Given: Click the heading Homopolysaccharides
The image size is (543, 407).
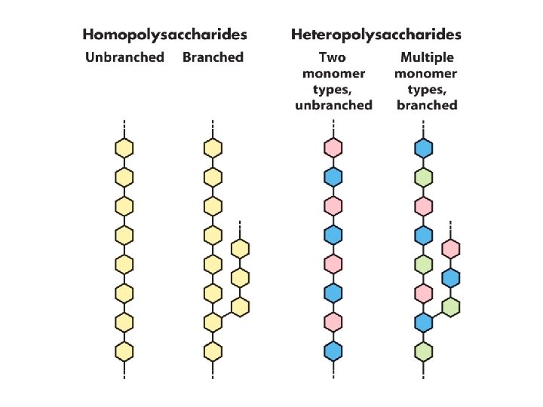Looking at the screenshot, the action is coord(164,35).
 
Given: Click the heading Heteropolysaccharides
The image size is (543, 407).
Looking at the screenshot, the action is coord(376,35).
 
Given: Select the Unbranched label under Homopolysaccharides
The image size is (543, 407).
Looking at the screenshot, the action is coord(124,58).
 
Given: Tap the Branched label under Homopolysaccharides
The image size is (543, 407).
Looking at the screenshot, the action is coord(213,58).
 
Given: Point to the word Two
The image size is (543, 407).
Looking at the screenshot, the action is coord(333,58).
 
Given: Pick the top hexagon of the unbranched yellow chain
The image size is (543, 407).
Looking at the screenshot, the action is coord(124,148).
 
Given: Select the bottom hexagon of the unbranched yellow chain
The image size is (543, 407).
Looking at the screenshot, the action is coord(124,351).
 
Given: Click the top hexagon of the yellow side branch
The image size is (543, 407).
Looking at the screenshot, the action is coord(240,249).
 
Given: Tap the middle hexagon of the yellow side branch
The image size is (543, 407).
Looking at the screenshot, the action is coord(240,277).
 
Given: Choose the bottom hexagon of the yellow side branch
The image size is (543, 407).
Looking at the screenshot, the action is coord(240,307).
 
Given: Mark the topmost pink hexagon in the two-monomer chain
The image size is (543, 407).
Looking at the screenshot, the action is coord(333,148).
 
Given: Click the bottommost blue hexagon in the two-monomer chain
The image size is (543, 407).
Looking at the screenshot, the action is coord(333,351).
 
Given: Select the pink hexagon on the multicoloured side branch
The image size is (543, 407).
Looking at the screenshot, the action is coord(450,249).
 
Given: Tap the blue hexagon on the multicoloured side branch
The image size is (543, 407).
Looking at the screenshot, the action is coord(450,277).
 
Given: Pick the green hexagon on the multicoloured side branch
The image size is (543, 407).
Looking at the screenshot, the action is coord(450,307).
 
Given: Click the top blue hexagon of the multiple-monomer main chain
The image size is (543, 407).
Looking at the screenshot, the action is coord(424,148).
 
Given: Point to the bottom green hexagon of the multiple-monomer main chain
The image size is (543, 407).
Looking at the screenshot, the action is coord(424,351).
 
